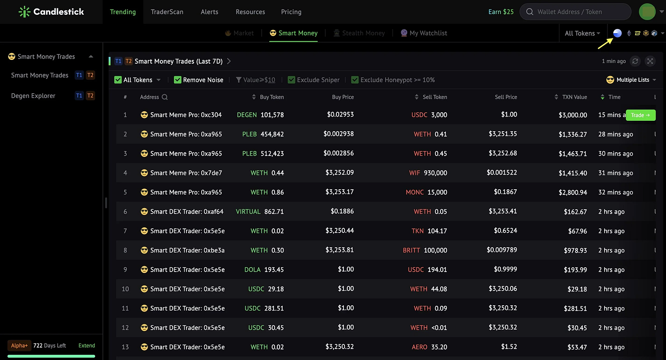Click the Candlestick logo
pyautogui.click(x=51, y=12)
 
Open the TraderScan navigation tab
pyautogui.click(x=167, y=12)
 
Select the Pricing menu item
pyautogui.click(x=291, y=12)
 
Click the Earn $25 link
pyautogui.click(x=501, y=12)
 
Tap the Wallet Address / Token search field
pyautogui.click(x=575, y=12)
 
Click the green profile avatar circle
pyautogui.click(x=647, y=12)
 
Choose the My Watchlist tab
pyautogui.click(x=424, y=33)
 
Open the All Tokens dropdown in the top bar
pyautogui.click(x=582, y=33)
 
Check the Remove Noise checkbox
pyautogui.click(x=177, y=80)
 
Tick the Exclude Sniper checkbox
pyautogui.click(x=291, y=80)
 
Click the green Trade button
pyautogui.click(x=640, y=115)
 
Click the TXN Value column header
pyautogui.click(x=574, y=97)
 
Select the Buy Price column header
pyautogui.click(x=343, y=97)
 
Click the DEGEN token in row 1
pyautogui.click(x=247, y=115)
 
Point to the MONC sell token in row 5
pyautogui.click(x=414, y=192)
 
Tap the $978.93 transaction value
pyautogui.click(x=575, y=250)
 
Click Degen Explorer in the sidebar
pyautogui.click(x=33, y=96)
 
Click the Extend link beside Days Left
pyautogui.click(x=87, y=345)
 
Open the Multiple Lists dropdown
pyautogui.click(x=631, y=80)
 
